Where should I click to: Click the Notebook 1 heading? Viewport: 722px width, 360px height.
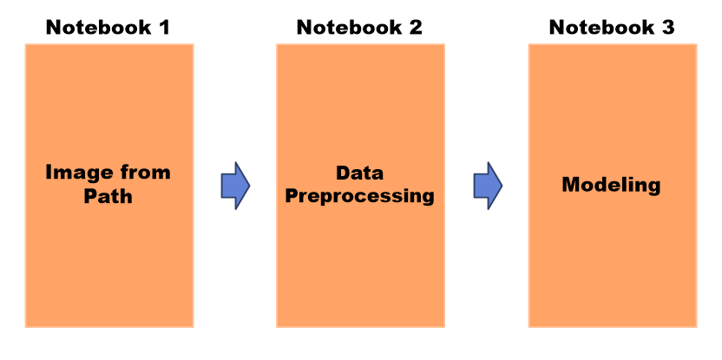(108, 27)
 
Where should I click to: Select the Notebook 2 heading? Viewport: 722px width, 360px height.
(359, 27)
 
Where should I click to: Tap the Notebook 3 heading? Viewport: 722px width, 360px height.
(612, 27)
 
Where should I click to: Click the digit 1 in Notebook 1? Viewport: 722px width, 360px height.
(163, 27)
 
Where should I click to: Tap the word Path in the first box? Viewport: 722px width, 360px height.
(108, 196)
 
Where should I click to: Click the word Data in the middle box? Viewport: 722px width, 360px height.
(359, 173)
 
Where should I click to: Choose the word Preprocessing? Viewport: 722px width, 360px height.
(359, 196)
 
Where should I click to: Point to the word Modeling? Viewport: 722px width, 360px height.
(611, 185)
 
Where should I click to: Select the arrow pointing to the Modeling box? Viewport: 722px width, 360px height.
(488, 185)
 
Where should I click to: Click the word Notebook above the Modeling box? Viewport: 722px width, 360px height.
(598, 27)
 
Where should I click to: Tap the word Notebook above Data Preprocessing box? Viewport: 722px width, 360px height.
(345, 27)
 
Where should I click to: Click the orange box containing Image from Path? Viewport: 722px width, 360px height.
(108, 260)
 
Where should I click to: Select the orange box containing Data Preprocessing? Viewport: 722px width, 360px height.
(359, 260)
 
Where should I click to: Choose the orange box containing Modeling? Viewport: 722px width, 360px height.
(612, 260)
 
